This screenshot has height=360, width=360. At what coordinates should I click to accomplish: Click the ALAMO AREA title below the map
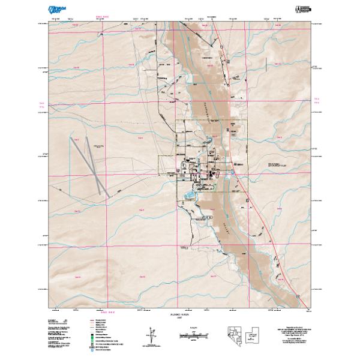(x=180, y=314)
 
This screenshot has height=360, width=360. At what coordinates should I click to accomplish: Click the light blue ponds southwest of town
(x=190, y=195)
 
